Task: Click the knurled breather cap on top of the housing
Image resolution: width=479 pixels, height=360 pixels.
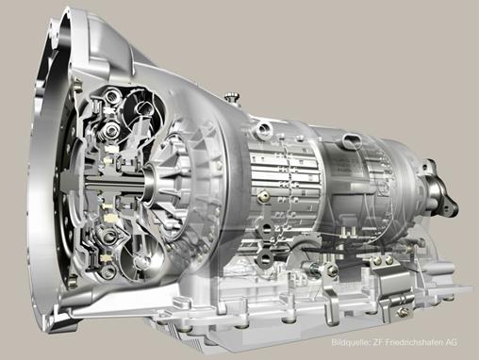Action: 233,96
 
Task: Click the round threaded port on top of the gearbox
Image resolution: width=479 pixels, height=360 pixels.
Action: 263,129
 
